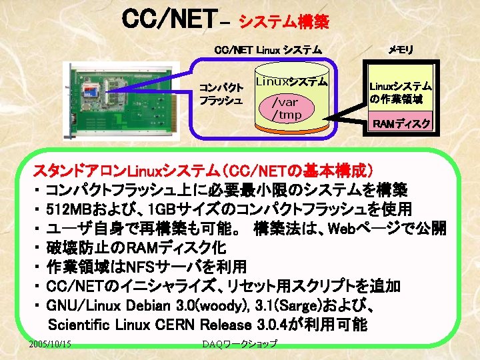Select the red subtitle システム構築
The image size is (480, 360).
pos(283,23)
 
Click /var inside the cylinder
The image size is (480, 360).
pos(285,102)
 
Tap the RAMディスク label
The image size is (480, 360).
pos(401,124)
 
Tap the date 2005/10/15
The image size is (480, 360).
pos(51,343)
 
